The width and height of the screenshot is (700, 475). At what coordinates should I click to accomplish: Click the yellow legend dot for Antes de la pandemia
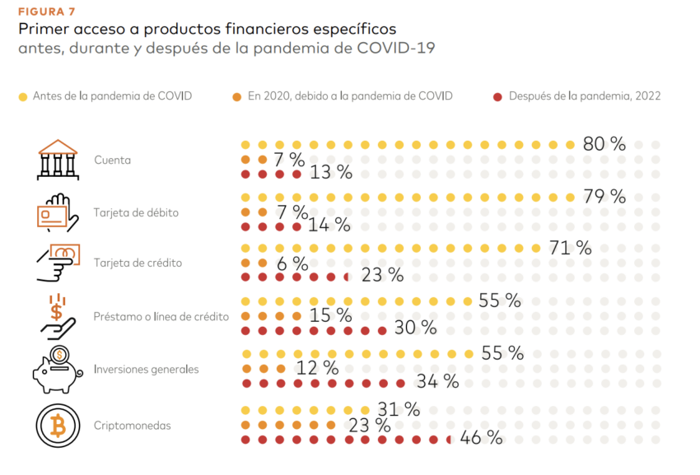point(22,96)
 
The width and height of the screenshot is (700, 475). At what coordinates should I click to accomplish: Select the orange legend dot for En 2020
point(237,96)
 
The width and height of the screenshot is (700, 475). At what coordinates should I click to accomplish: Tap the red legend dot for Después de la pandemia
point(497,96)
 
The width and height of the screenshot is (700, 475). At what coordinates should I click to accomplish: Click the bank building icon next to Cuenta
point(58,160)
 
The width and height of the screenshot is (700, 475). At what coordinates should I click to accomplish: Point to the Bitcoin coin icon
point(58,426)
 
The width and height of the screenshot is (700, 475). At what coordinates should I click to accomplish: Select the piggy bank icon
point(58,370)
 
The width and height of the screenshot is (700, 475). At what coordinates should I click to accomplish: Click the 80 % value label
point(604,144)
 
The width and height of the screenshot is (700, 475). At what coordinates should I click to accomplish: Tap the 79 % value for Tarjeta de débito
point(604,197)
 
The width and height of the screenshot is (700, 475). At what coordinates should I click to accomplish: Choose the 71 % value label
point(570,248)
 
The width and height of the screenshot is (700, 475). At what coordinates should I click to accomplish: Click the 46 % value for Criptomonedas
point(481,438)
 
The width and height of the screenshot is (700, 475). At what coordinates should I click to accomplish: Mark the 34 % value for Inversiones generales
point(437,381)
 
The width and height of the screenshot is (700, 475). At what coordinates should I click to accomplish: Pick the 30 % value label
point(415,328)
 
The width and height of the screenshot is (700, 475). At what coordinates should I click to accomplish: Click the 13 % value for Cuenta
point(331,173)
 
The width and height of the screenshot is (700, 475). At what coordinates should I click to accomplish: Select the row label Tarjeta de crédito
point(138,263)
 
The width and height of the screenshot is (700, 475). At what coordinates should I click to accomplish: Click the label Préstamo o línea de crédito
point(161,316)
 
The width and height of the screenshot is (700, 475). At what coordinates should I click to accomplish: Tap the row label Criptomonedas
point(132,426)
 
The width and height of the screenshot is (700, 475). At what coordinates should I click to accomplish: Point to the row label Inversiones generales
point(146,370)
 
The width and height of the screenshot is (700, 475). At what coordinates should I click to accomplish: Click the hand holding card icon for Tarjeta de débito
point(58,213)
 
